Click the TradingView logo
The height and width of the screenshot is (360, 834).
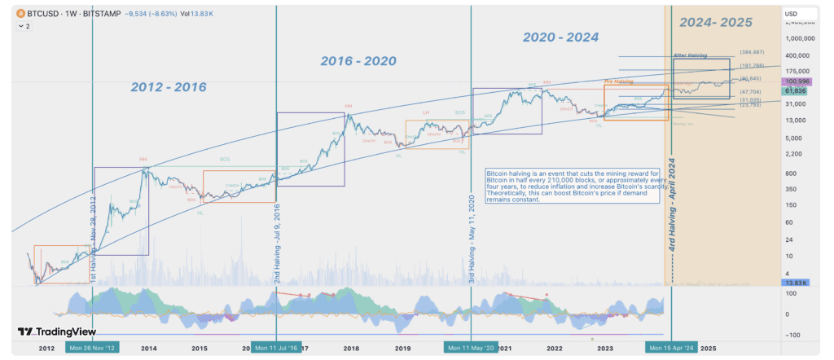pyautogui.click(x=57, y=331)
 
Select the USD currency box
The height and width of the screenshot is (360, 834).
pyautogui.click(x=791, y=14)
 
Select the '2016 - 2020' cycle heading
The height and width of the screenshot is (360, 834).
pyautogui.click(x=359, y=61)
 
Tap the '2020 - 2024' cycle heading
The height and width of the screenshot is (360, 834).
pyautogui.click(x=560, y=37)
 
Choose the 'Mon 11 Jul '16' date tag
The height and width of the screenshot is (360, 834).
pyautogui.click(x=276, y=348)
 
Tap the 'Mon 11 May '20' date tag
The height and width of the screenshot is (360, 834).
pyautogui.click(x=471, y=348)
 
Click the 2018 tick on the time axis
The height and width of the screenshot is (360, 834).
pyautogui.click(x=351, y=348)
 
